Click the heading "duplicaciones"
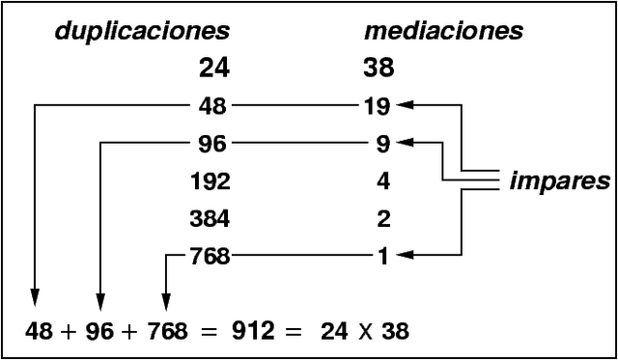(x=142, y=31)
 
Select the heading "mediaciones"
(x=443, y=31)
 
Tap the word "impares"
(x=560, y=180)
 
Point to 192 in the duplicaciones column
(x=210, y=180)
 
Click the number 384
(x=210, y=218)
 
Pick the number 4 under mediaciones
(x=383, y=180)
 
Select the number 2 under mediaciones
(x=383, y=218)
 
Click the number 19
(x=377, y=105)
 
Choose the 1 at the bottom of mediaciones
(x=383, y=256)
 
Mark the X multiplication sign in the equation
(x=362, y=333)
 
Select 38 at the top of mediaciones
(x=380, y=69)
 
